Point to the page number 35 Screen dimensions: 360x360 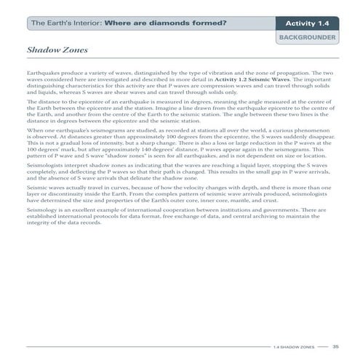click(335, 346)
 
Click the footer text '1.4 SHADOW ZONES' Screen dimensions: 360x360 click(293, 347)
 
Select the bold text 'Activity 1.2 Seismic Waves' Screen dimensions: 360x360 click(260, 80)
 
